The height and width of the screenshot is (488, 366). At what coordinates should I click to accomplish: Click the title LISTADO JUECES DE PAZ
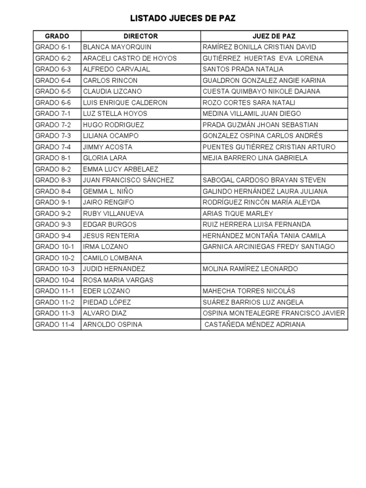click(183, 19)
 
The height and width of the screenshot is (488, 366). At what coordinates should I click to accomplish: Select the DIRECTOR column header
click(141, 36)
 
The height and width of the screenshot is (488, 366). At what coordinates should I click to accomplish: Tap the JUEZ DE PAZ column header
click(274, 36)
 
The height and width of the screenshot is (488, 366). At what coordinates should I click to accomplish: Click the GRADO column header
click(57, 36)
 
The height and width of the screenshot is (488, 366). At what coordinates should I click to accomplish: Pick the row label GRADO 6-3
click(53, 69)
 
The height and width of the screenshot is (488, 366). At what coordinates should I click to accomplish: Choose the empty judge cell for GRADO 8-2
click(274, 169)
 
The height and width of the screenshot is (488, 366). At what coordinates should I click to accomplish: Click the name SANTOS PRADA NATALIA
click(236, 69)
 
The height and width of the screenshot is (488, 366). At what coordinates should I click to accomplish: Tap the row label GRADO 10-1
click(55, 246)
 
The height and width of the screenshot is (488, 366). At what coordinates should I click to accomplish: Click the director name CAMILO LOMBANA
click(112, 258)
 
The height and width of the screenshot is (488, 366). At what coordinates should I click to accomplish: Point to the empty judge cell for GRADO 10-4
click(274, 280)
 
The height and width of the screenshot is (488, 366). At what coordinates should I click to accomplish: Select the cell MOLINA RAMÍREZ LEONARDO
click(250, 269)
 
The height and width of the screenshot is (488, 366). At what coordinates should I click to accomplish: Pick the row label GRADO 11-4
click(55, 325)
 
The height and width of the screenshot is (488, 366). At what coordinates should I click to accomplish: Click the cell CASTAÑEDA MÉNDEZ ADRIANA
click(255, 325)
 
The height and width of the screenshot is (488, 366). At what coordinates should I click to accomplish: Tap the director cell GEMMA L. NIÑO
click(108, 191)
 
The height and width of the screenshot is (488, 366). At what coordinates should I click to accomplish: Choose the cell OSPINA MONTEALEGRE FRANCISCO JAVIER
click(274, 313)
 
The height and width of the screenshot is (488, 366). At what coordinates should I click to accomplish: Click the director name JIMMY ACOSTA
click(108, 147)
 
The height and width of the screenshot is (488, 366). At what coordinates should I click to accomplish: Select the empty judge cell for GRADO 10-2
click(274, 258)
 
